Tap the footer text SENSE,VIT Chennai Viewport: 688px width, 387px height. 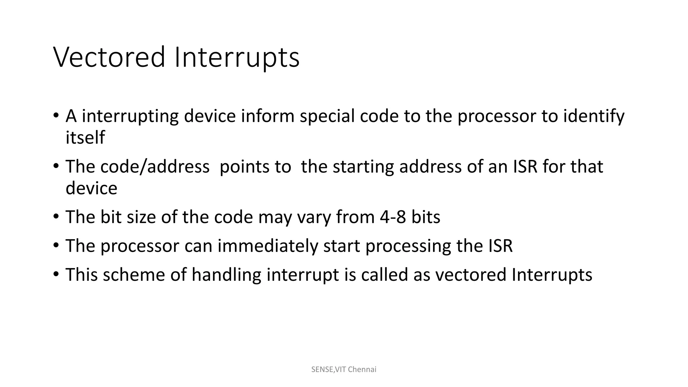[x=344, y=370]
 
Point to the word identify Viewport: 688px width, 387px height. [x=594, y=116]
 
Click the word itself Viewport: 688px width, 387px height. [x=85, y=138]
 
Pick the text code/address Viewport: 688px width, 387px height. [x=155, y=167]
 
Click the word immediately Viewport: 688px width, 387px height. [x=267, y=246]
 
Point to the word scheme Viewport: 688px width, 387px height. [x=134, y=275]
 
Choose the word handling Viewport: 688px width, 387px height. [x=226, y=275]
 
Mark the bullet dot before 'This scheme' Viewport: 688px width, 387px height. [x=56, y=274]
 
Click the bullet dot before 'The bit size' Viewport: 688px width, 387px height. [x=56, y=217]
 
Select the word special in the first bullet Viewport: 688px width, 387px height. [x=327, y=116]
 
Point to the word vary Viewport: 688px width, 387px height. [x=314, y=218]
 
